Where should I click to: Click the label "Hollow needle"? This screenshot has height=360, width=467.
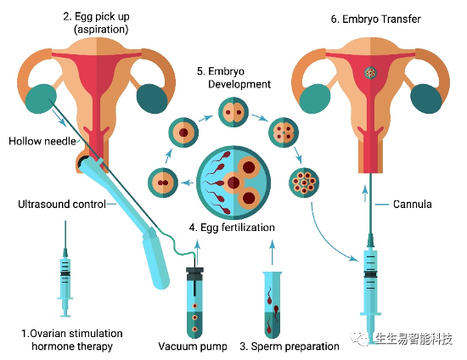(42, 141)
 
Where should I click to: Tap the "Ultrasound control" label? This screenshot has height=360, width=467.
(62, 205)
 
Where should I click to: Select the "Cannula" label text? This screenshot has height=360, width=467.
(412, 205)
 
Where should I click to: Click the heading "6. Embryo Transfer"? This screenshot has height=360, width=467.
(375, 19)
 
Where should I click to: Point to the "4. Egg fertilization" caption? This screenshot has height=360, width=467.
(232, 228)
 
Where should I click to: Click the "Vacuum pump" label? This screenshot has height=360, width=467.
(193, 346)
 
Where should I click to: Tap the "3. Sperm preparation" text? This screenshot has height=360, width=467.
(290, 346)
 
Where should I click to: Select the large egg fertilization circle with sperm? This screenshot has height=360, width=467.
(233, 183)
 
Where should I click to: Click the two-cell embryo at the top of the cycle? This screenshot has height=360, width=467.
(233, 113)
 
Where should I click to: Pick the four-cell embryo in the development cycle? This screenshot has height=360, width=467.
(284, 132)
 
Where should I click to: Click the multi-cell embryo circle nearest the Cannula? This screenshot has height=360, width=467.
(304, 183)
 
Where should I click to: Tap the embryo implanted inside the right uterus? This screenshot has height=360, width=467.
(370, 72)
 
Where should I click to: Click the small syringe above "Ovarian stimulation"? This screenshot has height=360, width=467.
(65, 269)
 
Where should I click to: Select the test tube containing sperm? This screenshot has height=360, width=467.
(273, 304)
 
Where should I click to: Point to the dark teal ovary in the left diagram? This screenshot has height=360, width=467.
(152, 98)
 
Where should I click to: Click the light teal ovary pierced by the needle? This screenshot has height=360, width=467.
(41, 98)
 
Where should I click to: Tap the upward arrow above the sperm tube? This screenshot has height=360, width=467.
(272, 252)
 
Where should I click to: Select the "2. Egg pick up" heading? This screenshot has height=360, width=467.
(97, 17)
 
